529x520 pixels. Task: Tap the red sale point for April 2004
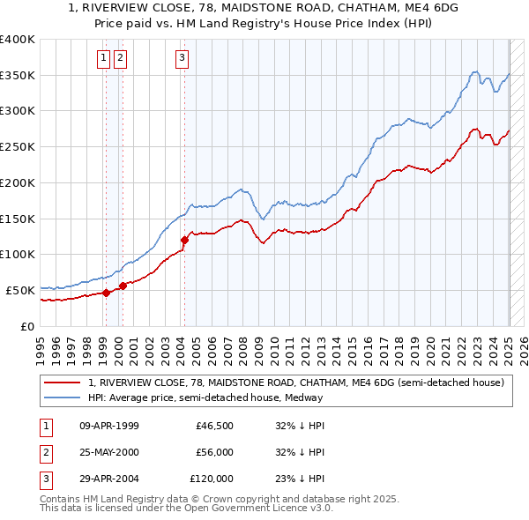[x=185, y=239]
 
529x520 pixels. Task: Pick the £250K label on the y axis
[x=17, y=146]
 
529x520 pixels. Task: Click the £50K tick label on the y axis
[x=19, y=290]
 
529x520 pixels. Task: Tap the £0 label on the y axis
[x=26, y=326]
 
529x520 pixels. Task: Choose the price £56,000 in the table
[x=215, y=452]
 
